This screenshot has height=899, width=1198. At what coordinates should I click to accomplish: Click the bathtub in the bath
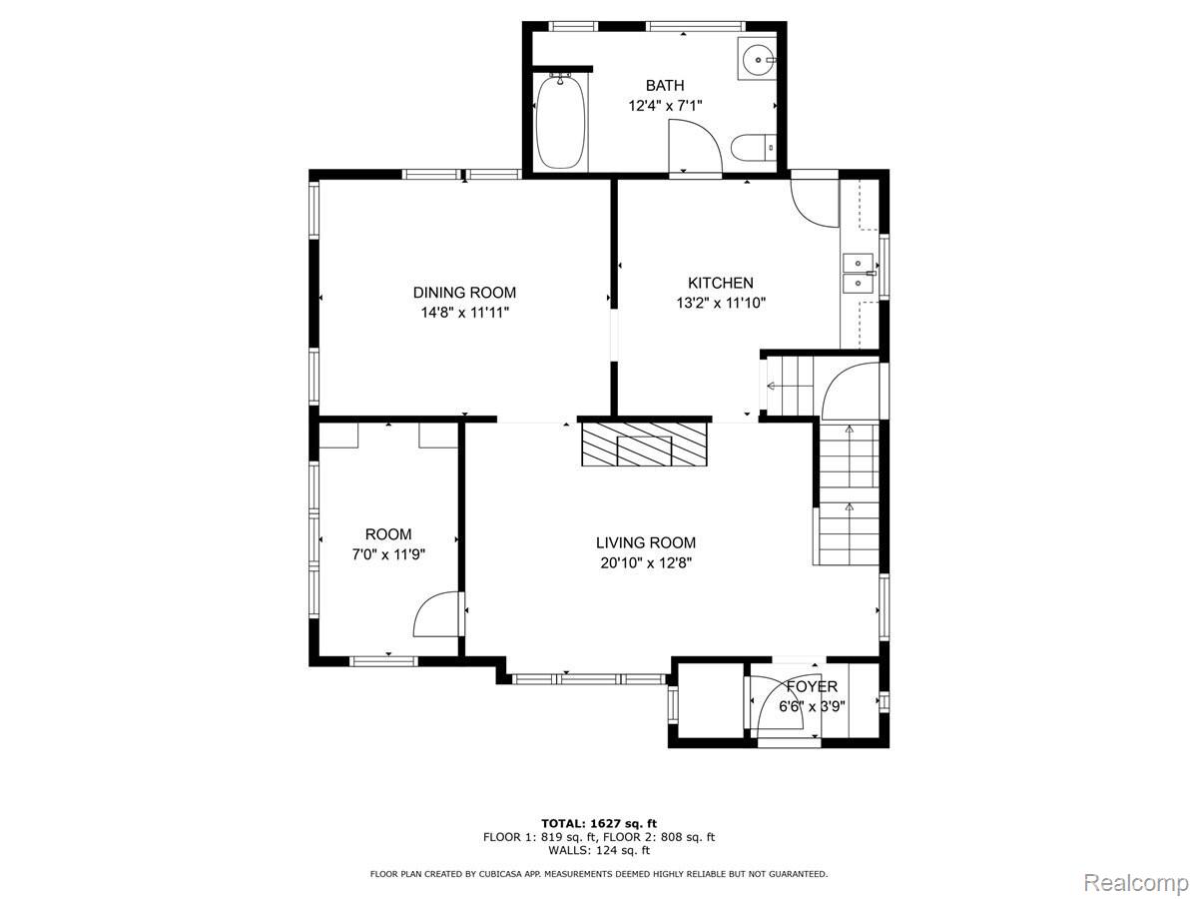click(x=561, y=123)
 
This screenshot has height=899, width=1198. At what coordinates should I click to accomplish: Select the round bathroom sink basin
click(x=758, y=58)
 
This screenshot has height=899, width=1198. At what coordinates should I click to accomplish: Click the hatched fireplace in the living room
click(x=644, y=444)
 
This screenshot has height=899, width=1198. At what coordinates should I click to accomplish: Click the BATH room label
click(x=664, y=86)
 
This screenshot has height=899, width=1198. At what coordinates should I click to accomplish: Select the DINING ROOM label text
click(x=464, y=293)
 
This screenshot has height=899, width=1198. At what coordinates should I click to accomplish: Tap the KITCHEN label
click(x=721, y=283)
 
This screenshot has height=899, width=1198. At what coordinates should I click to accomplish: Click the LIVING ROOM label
click(x=646, y=542)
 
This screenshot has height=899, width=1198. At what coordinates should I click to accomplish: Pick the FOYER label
click(x=812, y=686)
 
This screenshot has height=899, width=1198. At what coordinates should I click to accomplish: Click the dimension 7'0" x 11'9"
click(x=388, y=554)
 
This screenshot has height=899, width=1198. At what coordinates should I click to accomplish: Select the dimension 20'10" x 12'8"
click(x=646, y=562)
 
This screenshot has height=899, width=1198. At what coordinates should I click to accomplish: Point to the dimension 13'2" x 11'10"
click(x=721, y=303)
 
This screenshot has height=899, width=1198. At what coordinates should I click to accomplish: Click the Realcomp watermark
click(x=1136, y=882)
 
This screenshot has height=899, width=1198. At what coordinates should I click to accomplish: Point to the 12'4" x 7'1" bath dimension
click(x=665, y=105)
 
